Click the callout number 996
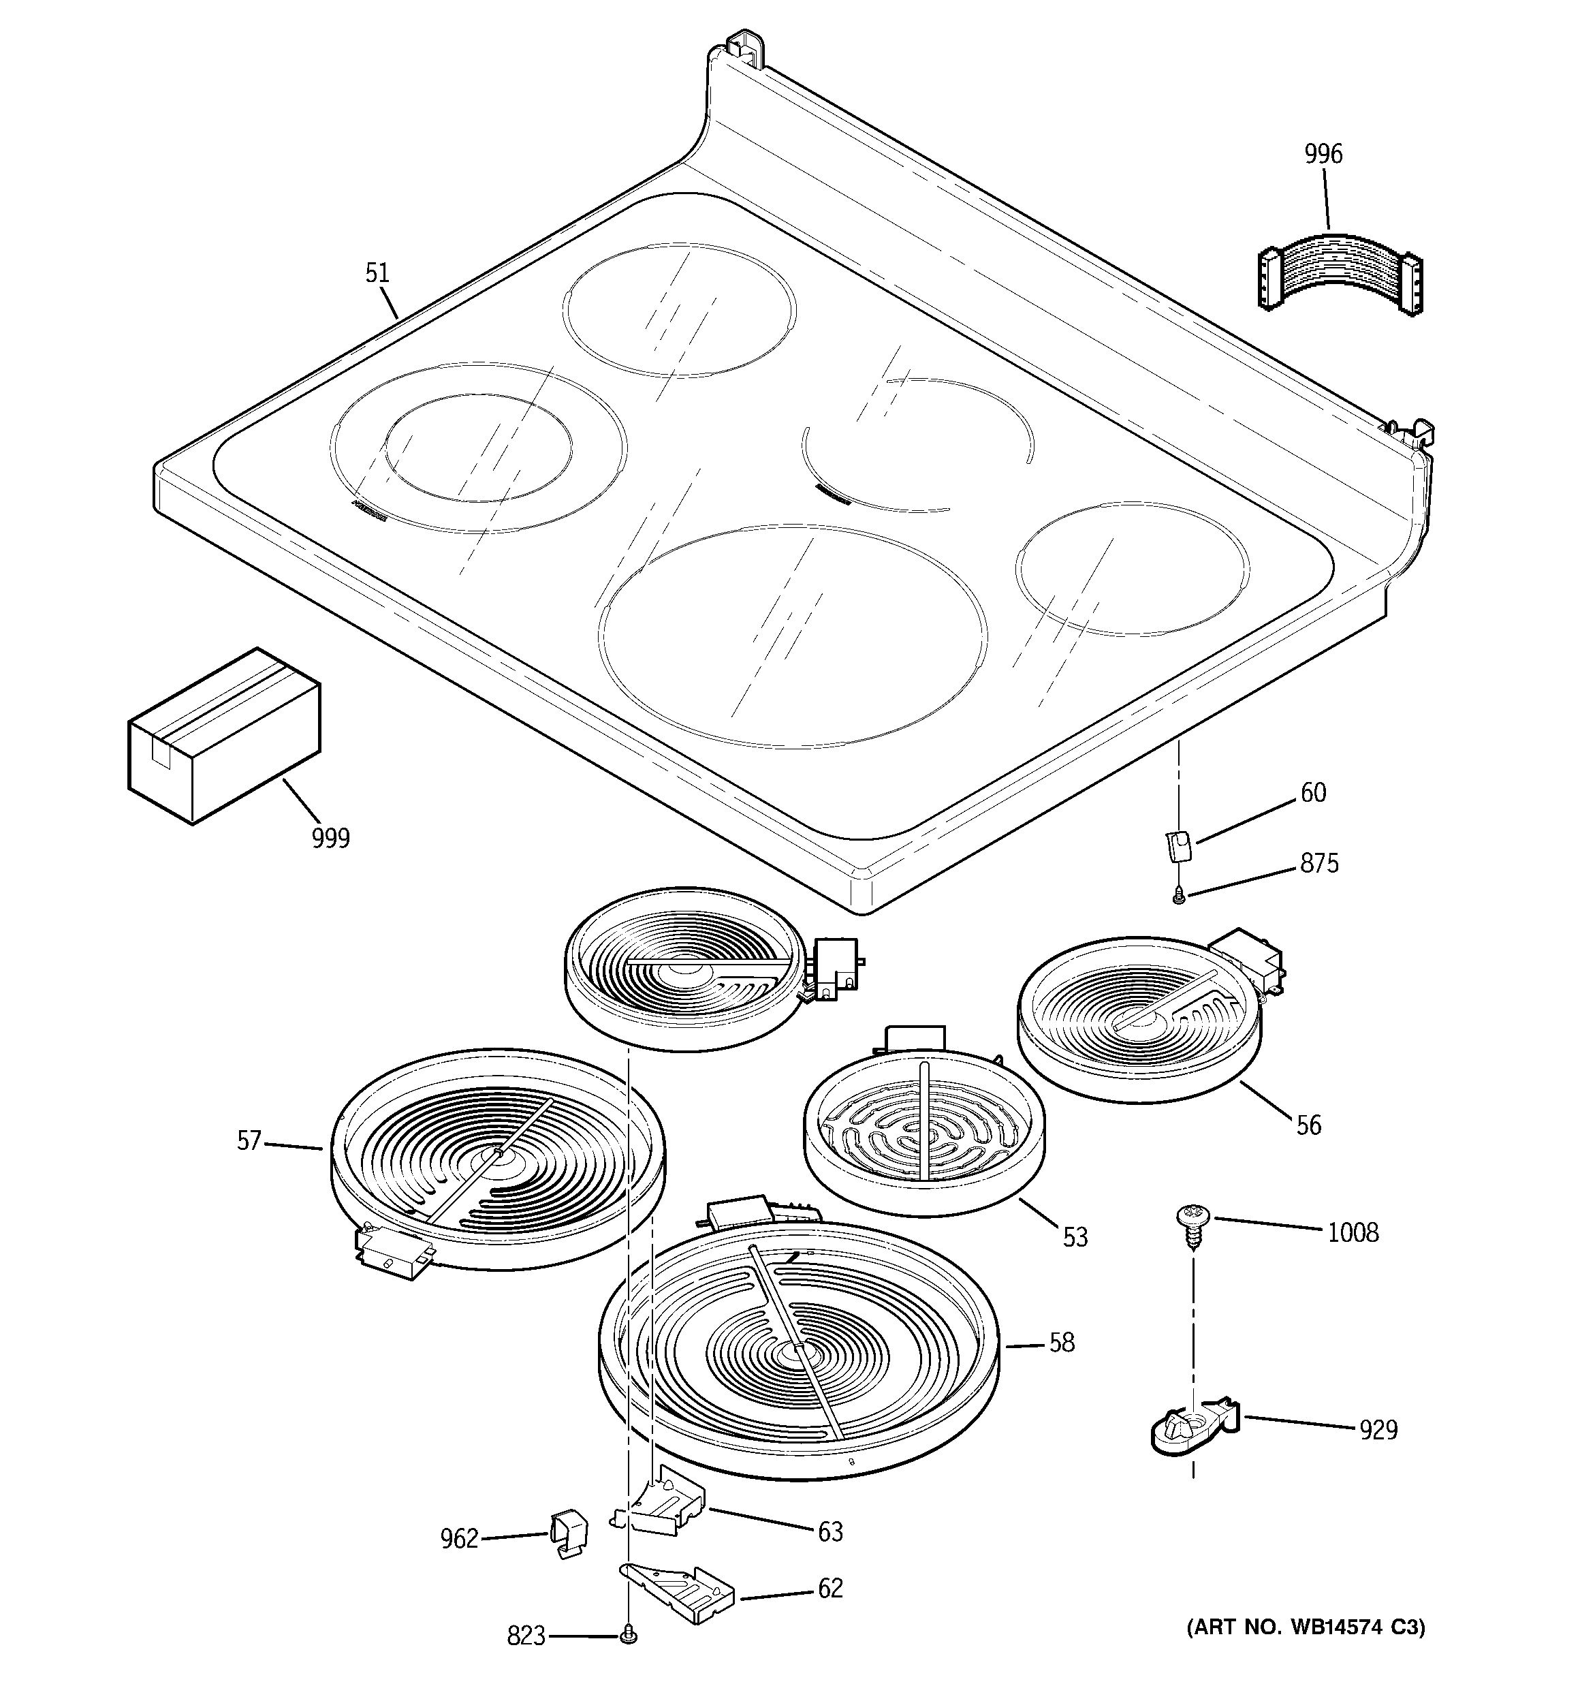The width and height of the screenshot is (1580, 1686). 1323,155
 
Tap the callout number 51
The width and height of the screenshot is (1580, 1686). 377,273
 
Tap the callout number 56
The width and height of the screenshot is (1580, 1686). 1309,1125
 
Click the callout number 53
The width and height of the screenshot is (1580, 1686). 1075,1237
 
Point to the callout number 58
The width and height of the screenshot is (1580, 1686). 1062,1343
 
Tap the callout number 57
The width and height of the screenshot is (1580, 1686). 249,1140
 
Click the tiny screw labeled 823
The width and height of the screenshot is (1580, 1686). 628,1633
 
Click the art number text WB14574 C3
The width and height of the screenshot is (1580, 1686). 1306,1627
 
